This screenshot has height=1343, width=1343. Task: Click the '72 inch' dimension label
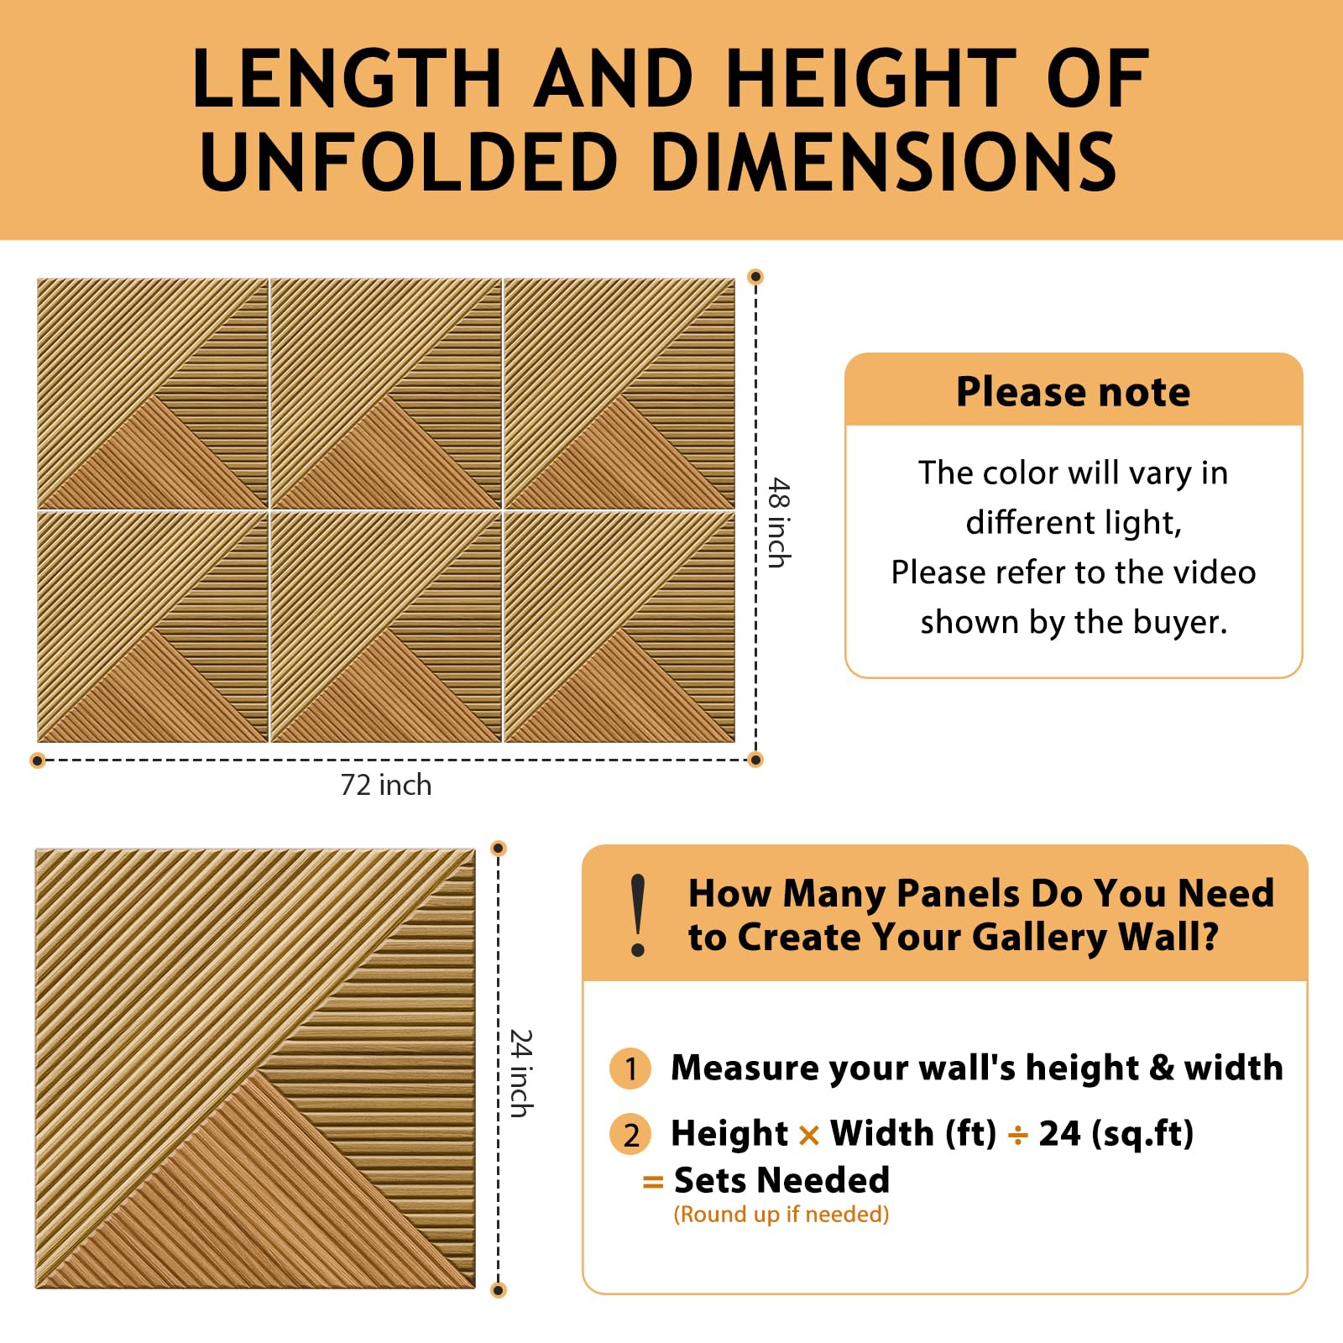[x=386, y=785]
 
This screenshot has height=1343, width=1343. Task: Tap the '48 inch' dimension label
[x=780, y=523]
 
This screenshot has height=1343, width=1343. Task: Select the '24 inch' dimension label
[x=521, y=1074]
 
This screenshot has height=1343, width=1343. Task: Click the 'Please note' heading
[x=1073, y=391]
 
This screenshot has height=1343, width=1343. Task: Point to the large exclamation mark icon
[x=638, y=915]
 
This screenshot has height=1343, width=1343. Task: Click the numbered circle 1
[x=630, y=1069]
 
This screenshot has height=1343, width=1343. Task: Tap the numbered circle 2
[x=630, y=1134]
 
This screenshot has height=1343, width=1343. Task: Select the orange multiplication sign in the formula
[x=809, y=1136]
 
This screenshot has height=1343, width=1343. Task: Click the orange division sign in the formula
[x=1017, y=1136]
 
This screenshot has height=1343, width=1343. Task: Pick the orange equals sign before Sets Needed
[x=653, y=1183]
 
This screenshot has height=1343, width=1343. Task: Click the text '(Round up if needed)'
[x=781, y=1215]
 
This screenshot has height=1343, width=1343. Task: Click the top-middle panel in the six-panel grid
[x=386, y=393]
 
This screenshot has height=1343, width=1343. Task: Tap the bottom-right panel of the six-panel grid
[x=619, y=627]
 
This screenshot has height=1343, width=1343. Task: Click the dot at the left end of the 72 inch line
[x=37, y=760]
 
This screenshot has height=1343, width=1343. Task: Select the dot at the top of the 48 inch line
[x=755, y=276]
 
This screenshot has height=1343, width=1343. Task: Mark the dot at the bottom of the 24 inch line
[x=499, y=1290]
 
